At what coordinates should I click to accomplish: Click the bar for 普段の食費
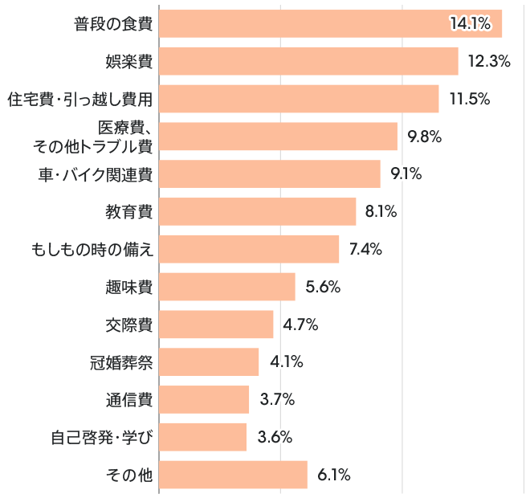330,24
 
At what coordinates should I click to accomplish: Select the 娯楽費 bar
308,61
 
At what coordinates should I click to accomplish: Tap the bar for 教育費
257,212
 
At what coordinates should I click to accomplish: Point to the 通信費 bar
204,399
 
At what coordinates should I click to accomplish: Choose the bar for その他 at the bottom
233,475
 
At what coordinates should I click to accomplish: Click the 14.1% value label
470,24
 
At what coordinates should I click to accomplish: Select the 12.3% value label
489,61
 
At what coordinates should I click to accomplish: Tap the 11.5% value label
470,99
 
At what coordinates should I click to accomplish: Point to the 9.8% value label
425,137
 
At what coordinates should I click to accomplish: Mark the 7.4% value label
365,249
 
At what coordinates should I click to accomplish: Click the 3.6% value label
275,437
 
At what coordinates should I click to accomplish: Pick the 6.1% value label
334,475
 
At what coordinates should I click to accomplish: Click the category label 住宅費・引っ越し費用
79,99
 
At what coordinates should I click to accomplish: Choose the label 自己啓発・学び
101,438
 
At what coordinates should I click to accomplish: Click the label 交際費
129,325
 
